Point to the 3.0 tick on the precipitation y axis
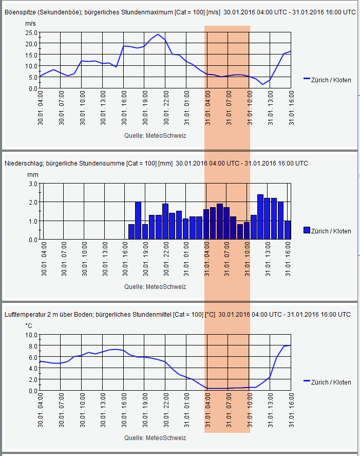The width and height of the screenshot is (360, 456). tap(32, 183)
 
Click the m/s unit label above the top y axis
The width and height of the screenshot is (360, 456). tap(30, 24)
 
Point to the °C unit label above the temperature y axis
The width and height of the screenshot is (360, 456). tap(29, 325)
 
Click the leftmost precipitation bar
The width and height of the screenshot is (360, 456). tap(131, 232)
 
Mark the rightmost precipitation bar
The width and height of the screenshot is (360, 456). tap(288, 230)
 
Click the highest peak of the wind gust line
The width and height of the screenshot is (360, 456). tap(158, 34)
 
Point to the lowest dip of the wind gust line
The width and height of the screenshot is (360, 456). tap(262, 84)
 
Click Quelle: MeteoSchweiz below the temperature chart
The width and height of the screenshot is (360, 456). tap(155, 438)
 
